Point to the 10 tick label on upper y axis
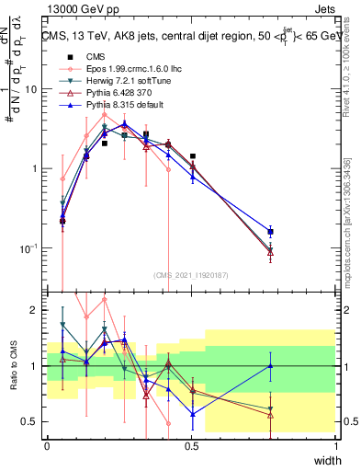[31, 89]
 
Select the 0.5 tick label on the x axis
[192, 445]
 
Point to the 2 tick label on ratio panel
[34, 310]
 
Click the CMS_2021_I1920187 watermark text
[191, 274]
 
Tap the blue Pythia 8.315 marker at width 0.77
[270, 232]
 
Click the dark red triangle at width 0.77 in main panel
[270, 252]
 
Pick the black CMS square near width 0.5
[192, 156]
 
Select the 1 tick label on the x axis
[336, 445]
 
